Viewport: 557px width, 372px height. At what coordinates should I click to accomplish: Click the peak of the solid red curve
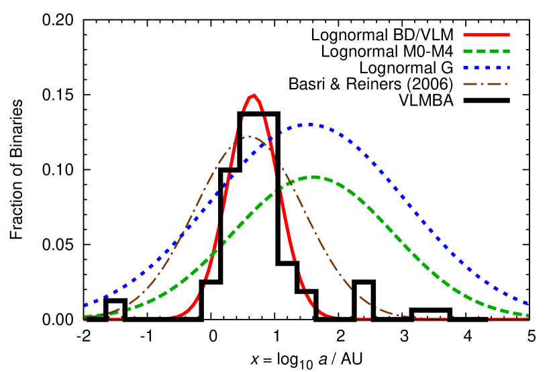(x=252, y=95)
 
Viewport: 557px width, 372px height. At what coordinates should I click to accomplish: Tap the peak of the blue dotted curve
(x=309, y=124)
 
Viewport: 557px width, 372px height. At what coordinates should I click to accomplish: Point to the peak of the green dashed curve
(x=313, y=177)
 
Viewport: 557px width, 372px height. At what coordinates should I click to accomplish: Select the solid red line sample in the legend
(x=486, y=35)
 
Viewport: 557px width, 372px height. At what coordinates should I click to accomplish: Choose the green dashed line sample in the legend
(x=486, y=51)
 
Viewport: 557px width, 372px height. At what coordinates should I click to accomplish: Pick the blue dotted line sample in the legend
(x=486, y=68)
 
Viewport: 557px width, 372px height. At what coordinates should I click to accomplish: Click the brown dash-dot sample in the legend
(x=485, y=84)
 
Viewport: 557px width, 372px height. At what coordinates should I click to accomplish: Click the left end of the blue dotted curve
(x=85, y=306)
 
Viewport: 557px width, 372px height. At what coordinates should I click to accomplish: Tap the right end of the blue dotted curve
(x=527, y=304)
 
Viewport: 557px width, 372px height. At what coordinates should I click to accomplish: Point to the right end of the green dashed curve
(x=527, y=315)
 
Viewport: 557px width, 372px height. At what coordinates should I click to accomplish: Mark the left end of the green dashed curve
(x=86, y=316)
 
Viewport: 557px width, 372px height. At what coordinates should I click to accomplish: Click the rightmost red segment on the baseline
(x=509, y=320)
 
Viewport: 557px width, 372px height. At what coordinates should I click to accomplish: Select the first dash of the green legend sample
(x=468, y=51)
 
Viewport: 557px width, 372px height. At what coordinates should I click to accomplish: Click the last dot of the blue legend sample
(x=507, y=68)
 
